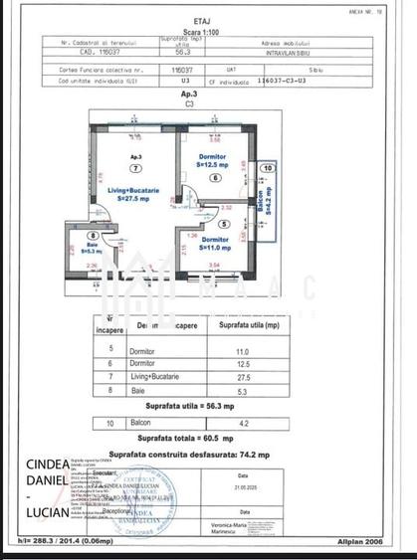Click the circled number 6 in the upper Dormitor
pyautogui.click(x=214, y=178)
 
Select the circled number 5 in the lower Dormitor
pyautogui.click(x=224, y=225)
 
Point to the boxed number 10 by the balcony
pyautogui.click(x=266, y=170)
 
